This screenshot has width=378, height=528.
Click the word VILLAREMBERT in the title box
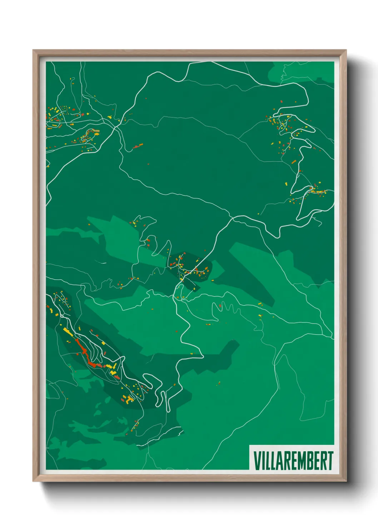tap(293, 461)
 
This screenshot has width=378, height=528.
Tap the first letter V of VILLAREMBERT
tap(256, 461)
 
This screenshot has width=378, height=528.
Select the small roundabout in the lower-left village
tap(62, 316)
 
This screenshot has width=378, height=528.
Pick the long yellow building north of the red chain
tap(68, 332)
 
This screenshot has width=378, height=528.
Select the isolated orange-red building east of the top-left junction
tap(138, 146)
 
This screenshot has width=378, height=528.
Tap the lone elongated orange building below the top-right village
tap(294, 162)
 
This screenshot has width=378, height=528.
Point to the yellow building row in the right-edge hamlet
tap(318, 192)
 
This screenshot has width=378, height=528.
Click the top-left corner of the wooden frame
tap(34, 51)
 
